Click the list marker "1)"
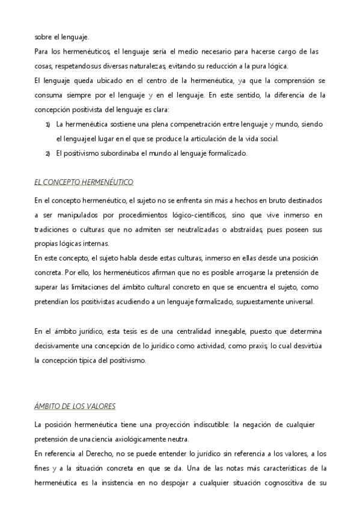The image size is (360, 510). [x=47, y=124]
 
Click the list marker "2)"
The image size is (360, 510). [x=47, y=154]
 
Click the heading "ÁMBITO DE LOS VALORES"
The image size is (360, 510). [x=75, y=407]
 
